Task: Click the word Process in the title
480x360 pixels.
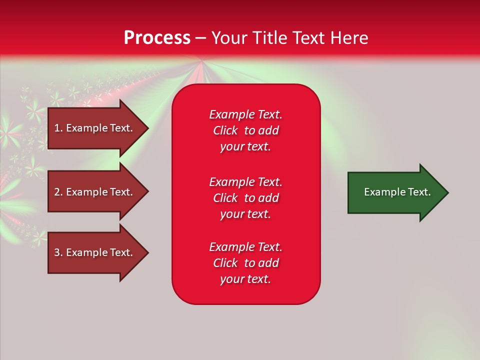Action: coord(157,38)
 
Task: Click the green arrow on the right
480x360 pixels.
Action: coord(395,192)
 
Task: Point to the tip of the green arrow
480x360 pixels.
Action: coord(447,192)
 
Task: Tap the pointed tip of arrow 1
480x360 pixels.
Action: coord(147,128)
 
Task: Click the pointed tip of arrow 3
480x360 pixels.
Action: coord(147,252)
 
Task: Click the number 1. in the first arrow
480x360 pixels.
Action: coord(58,128)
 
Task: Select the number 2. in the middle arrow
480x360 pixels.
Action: coord(58,192)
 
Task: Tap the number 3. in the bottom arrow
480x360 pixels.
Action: coord(58,252)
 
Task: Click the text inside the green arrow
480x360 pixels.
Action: coord(397,192)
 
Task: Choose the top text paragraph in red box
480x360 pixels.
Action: coord(245,130)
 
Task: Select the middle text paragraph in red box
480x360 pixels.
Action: coord(245,198)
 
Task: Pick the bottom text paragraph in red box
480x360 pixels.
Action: coord(245,263)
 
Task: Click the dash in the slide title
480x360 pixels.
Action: coord(200,38)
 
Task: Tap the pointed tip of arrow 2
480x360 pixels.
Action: coord(147,192)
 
